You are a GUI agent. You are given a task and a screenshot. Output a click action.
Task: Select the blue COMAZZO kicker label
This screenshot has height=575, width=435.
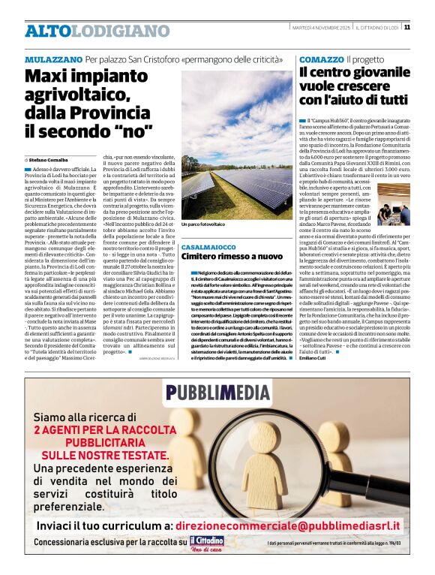pos(321,59)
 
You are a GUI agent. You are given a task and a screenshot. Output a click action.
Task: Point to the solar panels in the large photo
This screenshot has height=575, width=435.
pos(225,180)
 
